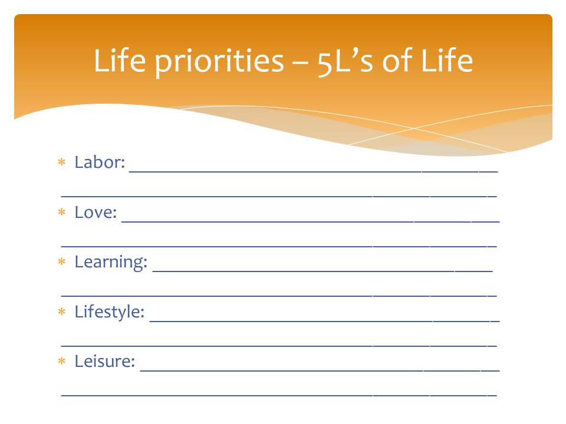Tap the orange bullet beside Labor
coord(62,162)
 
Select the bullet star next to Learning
coord(62,261)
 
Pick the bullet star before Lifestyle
coord(62,311)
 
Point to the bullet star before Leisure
coord(62,360)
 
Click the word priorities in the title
coord(219,62)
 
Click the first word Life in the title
coord(120,60)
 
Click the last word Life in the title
coord(447,60)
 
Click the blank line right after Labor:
coord(313,172)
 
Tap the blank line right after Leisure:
coord(320,370)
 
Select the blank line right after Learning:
coord(323,271)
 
